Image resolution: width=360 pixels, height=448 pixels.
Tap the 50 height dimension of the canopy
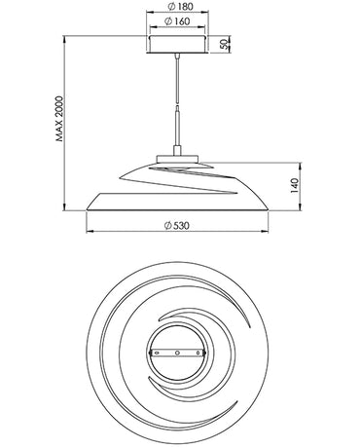(x=224, y=44)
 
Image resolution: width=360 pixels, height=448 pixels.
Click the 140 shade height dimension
(x=293, y=186)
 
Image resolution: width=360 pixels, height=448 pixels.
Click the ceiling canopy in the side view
(x=176, y=45)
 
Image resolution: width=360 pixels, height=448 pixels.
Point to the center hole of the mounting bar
(x=176, y=352)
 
